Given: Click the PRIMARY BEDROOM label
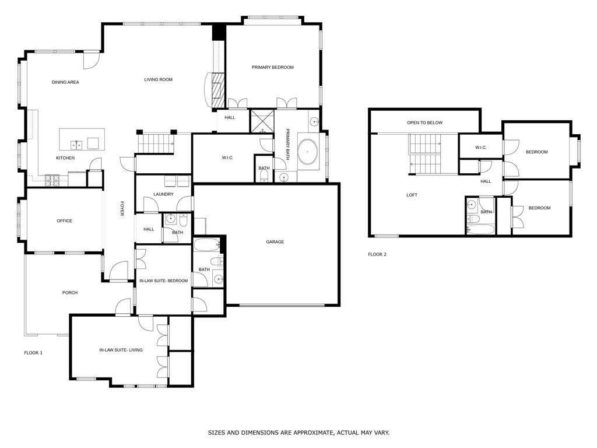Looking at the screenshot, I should [x=272, y=68].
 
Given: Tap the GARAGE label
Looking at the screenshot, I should [x=275, y=242].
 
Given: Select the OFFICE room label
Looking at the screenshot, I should [x=64, y=221].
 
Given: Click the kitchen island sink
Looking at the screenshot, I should [x=76, y=144].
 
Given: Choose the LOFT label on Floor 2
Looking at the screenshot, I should [x=412, y=195].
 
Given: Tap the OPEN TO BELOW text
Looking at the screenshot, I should [x=424, y=123].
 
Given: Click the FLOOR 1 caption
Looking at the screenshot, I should [x=33, y=353].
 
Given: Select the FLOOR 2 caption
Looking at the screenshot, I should [x=377, y=254].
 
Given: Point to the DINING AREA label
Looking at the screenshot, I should [x=65, y=83].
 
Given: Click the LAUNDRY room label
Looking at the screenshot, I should [x=163, y=194].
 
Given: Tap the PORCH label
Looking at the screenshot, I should [x=70, y=293].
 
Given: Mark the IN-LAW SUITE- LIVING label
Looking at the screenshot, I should [x=121, y=351].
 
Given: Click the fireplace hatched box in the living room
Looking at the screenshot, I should [x=217, y=87].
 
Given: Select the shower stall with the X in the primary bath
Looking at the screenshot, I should [x=261, y=121].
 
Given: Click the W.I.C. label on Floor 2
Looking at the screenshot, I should [x=480, y=148].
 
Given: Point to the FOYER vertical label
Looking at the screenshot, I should [x=122, y=209].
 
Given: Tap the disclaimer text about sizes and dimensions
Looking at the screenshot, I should [x=298, y=433].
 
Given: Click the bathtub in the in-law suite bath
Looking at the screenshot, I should [x=207, y=244].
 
